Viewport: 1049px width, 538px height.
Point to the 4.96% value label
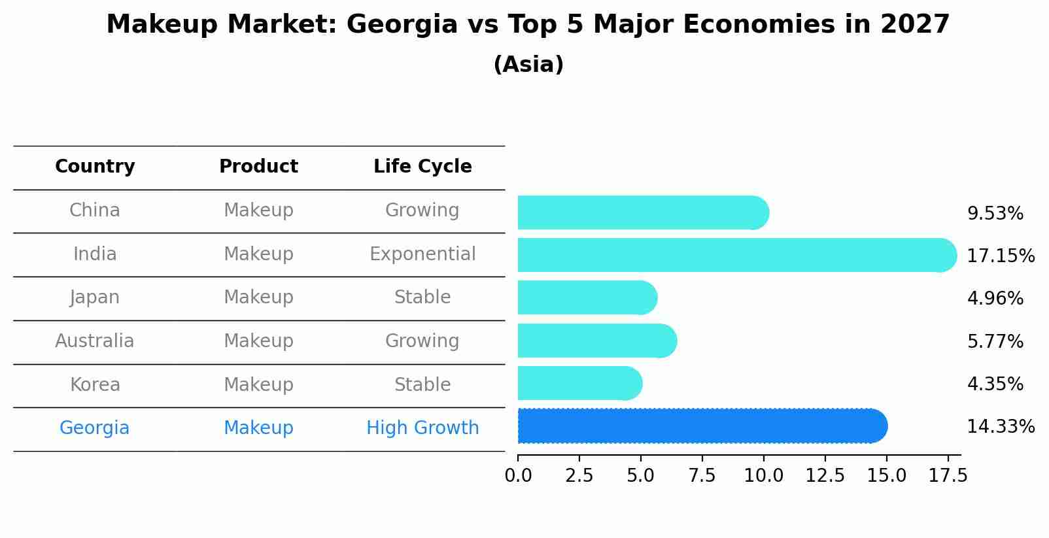[995, 299]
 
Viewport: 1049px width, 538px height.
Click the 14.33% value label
[1000, 427]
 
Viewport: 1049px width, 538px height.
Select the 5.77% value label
[995, 341]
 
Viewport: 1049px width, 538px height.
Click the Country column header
[95, 167]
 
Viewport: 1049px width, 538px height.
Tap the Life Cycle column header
[422, 167]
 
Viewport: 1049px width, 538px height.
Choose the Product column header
[258, 167]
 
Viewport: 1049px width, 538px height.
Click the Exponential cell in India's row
[422, 254]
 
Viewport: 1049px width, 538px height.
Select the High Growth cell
[422, 428]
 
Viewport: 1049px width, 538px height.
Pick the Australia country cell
[95, 341]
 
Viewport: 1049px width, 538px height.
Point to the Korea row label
[95, 384]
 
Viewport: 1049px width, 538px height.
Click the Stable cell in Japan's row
[422, 297]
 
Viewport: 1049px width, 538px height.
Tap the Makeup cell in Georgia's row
[258, 428]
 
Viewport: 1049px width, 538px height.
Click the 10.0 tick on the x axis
[763, 476]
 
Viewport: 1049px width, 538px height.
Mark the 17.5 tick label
[948, 476]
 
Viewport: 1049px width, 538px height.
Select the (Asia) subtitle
[528, 65]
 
